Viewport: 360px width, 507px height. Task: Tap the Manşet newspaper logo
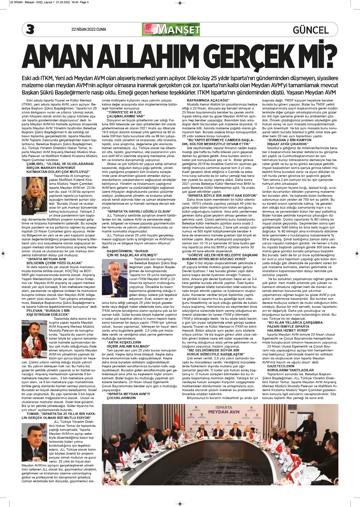(x=171, y=29)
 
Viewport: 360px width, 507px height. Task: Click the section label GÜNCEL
(x=311, y=30)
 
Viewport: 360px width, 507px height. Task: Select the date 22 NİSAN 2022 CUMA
(x=89, y=30)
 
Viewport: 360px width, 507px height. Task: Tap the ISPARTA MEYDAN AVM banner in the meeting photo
(x=224, y=410)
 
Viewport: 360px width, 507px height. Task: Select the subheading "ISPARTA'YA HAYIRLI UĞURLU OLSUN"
(x=138, y=211)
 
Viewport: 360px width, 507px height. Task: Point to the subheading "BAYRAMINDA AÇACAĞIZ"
(x=208, y=100)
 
